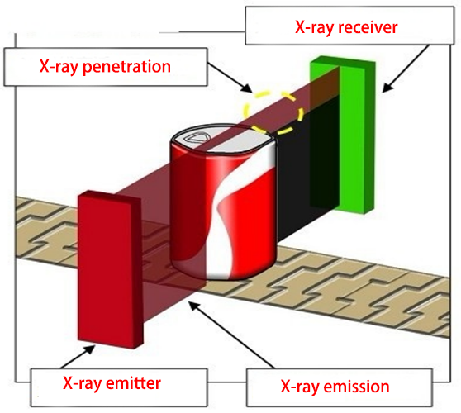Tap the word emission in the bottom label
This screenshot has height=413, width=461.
point(357,386)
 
